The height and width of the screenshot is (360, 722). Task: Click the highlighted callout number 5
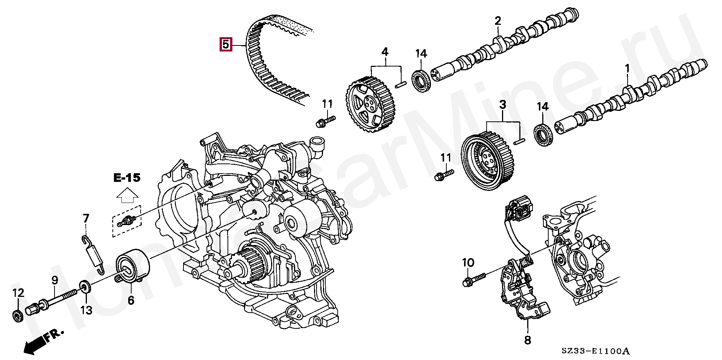225,44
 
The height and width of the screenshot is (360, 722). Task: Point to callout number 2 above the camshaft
498,21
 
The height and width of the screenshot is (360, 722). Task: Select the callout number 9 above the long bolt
55,280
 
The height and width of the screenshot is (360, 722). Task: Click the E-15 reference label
127,178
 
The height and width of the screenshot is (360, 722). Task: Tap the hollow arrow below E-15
127,195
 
